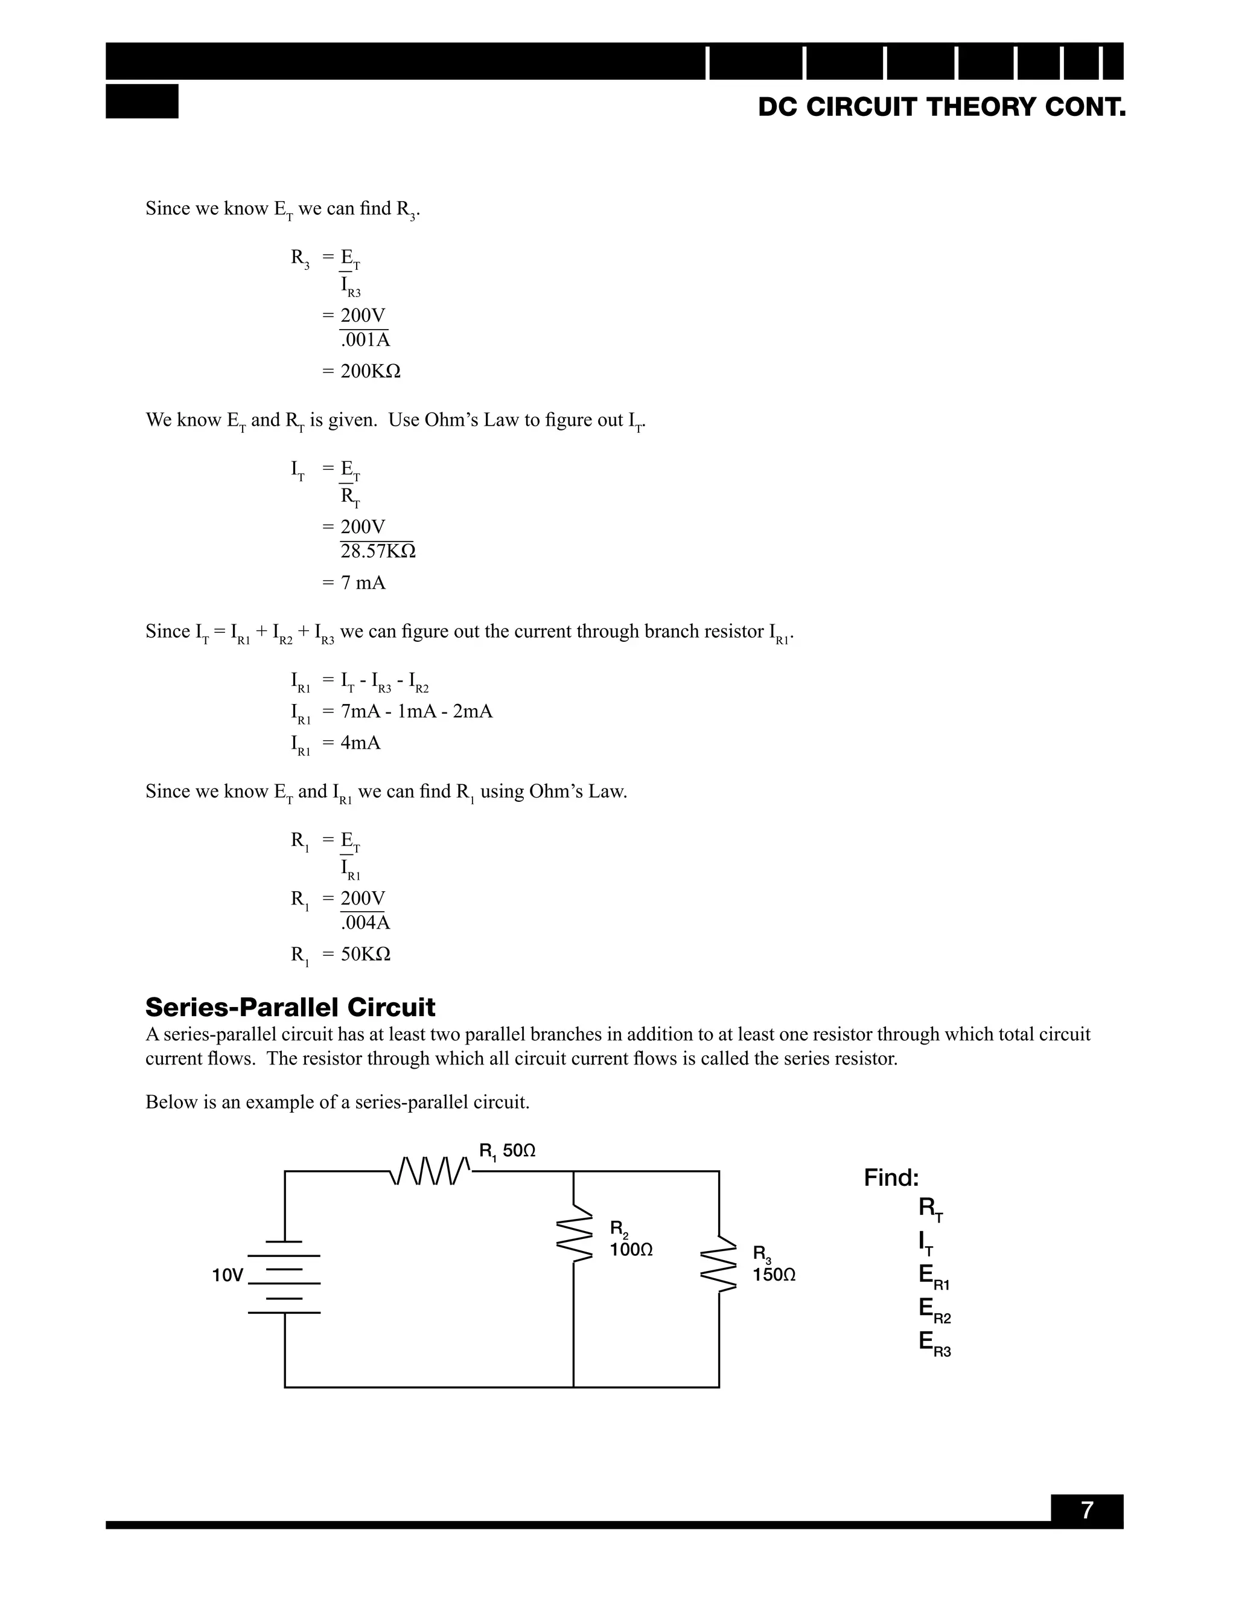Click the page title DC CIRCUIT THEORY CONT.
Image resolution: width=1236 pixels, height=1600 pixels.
[x=941, y=107]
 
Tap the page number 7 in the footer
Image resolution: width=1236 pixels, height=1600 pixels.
[x=1086, y=1510]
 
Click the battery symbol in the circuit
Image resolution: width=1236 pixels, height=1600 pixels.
[x=284, y=1277]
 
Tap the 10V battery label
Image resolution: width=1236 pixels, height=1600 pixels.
[x=227, y=1275]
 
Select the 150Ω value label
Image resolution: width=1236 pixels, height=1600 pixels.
[x=774, y=1275]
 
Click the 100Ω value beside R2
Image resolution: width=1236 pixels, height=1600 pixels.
[x=631, y=1250]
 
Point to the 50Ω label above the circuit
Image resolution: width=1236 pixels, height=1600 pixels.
[x=519, y=1151]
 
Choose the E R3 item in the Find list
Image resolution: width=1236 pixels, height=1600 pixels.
[x=934, y=1342]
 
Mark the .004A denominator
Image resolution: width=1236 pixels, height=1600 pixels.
[x=365, y=923]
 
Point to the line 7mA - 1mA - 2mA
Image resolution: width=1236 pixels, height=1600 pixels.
[x=416, y=711]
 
